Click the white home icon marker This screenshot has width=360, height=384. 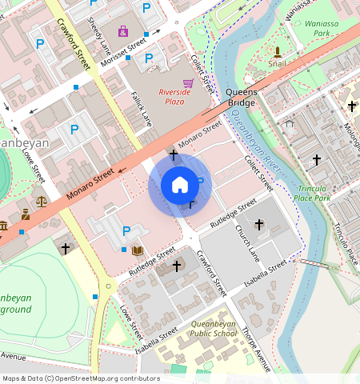coord(180,185)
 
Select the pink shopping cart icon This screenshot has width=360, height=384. coord(188,82)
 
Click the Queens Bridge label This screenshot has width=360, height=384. coord(242,98)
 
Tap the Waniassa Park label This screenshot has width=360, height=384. coord(322,29)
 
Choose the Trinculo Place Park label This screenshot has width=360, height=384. coord(312,192)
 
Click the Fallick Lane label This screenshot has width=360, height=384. coord(142,107)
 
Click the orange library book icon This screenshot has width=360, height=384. coord(138,250)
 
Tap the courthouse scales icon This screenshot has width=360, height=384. coord(41,202)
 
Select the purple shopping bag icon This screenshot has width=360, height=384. coord(122,31)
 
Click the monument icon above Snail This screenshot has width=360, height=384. coord(277,51)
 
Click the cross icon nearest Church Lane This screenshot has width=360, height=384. coord(258,225)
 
